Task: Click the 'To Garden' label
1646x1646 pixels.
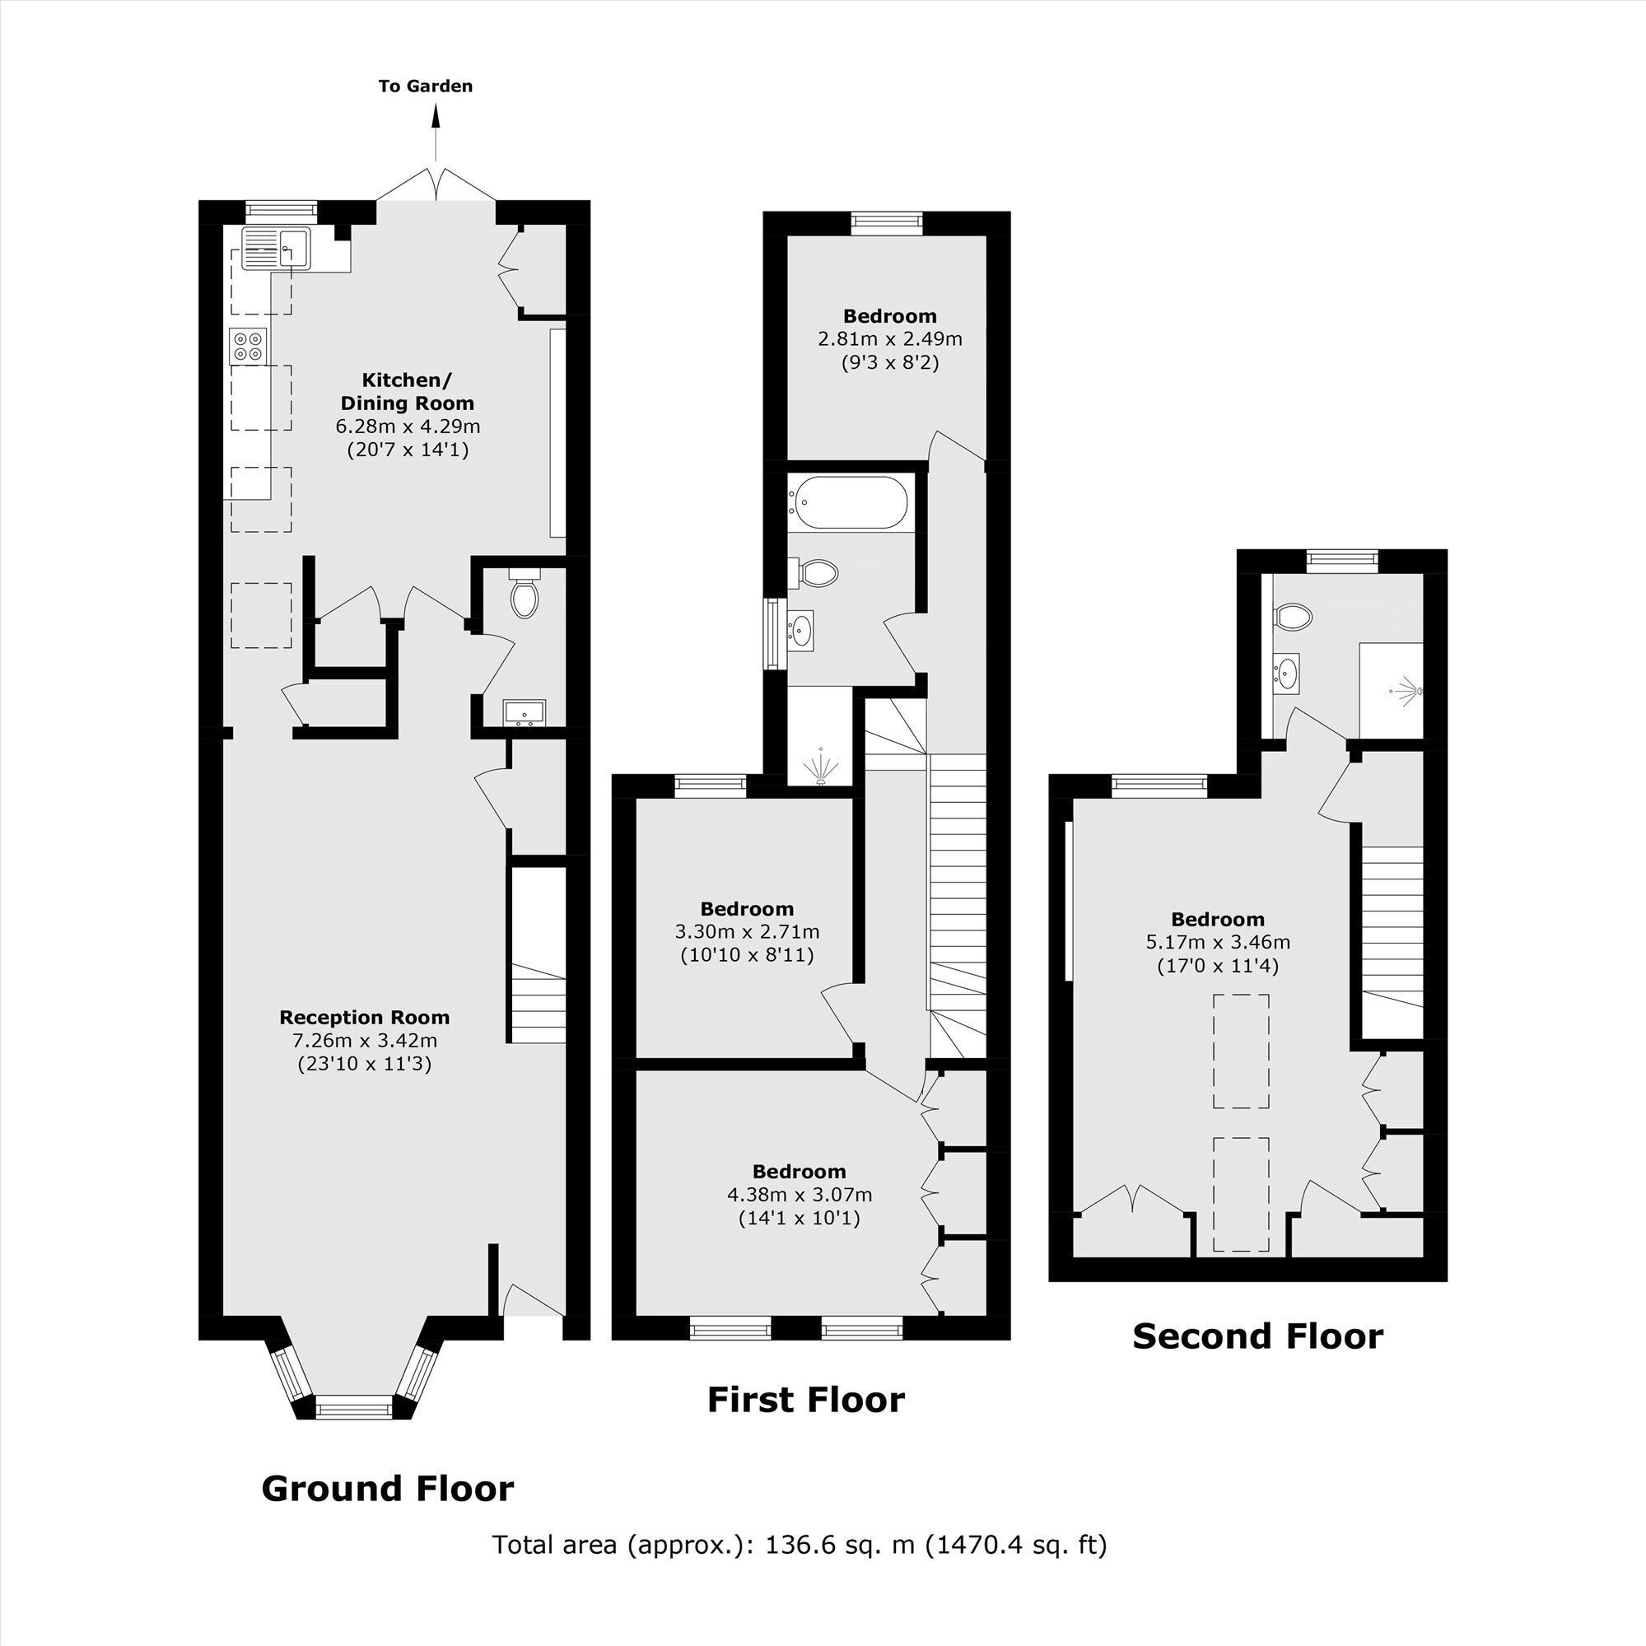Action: coord(425,86)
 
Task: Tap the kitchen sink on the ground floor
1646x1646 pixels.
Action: coord(277,249)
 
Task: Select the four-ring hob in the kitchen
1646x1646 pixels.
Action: coord(248,345)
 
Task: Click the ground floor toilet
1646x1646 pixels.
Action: coord(524,593)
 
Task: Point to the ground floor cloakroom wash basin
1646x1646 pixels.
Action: coord(524,711)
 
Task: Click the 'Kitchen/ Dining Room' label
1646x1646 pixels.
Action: coord(408,391)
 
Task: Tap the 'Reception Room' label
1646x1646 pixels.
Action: coord(365,1017)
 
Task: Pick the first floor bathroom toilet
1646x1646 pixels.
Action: coord(814,572)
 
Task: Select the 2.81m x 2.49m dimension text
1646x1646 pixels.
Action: coord(890,339)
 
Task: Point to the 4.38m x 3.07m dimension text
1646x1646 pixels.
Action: coord(800,1196)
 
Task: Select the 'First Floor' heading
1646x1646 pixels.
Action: coord(806,1400)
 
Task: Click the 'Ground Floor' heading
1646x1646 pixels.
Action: coord(388,1489)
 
